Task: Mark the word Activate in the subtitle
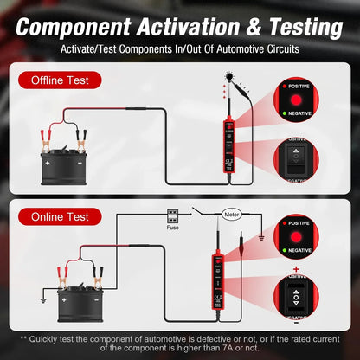81,48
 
